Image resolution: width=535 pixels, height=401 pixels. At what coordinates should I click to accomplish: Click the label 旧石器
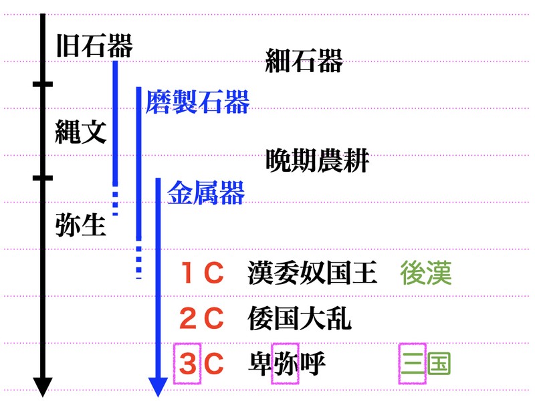click(94, 45)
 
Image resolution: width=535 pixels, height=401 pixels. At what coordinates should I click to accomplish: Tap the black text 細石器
click(304, 60)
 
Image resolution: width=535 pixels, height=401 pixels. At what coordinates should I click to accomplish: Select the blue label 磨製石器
click(197, 102)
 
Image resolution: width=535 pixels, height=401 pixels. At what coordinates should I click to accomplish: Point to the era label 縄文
click(81, 131)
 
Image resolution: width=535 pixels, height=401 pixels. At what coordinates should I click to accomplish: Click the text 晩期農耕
click(317, 160)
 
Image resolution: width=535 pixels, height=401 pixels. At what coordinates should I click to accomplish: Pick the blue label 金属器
click(206, 192)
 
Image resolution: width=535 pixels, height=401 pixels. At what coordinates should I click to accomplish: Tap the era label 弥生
click(81, 225)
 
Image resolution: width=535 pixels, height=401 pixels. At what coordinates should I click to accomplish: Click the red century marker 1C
click(202, 273)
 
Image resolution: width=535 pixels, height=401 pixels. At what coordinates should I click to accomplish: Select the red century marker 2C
click(202, 318)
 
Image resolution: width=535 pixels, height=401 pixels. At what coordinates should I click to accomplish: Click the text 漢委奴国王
click(312, 273)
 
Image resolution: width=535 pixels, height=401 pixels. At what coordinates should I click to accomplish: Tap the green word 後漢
click(426, 273)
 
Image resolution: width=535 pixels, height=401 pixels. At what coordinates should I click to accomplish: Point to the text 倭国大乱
click(300, 318)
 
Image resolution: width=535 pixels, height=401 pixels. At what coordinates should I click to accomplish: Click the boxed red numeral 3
click(187, 364)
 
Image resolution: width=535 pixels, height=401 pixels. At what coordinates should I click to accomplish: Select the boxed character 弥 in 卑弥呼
click(286, 364)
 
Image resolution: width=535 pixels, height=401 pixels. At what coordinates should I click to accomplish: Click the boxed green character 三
click(413, 364)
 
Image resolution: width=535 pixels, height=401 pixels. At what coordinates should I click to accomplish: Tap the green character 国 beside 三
click(439, 364)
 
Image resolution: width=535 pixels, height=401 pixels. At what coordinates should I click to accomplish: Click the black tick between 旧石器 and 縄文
click(43, 84)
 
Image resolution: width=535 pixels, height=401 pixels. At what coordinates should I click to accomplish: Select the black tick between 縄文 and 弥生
click(43, 178)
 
